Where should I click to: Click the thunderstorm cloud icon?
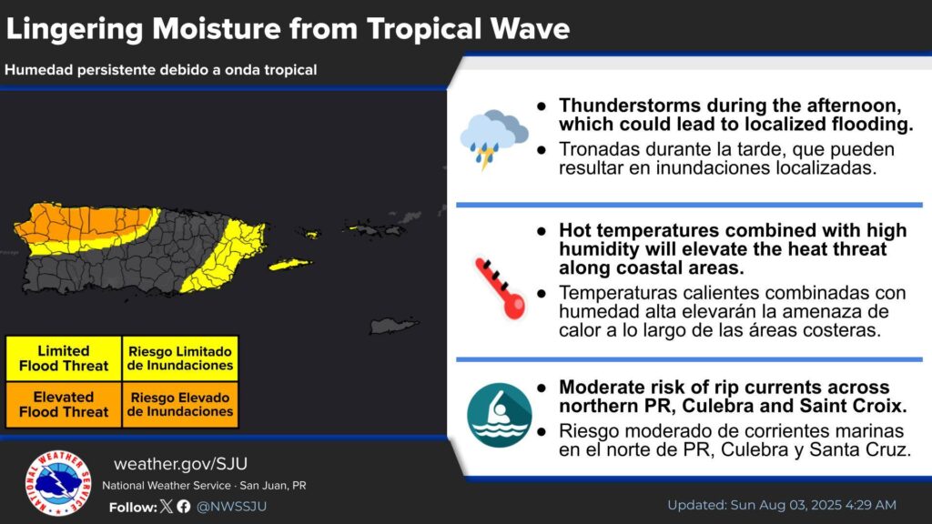[x=493, y=139]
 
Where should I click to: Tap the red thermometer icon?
[x=501, y=288]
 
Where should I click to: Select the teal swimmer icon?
[x=500, y=415]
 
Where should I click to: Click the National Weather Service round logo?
[x=58, y=482]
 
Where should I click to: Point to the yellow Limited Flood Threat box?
[x=64, y=358]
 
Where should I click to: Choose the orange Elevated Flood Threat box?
[x=64, y=405]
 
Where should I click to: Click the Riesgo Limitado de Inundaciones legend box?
[x=180, y=358]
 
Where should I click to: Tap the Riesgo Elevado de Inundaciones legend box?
[x=180, y=405]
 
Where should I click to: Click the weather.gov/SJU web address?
[x=181, y=463]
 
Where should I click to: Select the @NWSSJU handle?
[x=231, y=506]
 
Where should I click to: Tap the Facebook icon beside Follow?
[x=184, y=506]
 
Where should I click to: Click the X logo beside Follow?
[x=167, y=506]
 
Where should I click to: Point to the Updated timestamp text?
[x=782, y=505]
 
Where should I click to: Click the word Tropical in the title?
[x=424, y=28]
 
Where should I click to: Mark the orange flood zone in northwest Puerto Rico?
[x=83, y=223]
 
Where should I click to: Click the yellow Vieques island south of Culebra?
[x=289, y=264]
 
